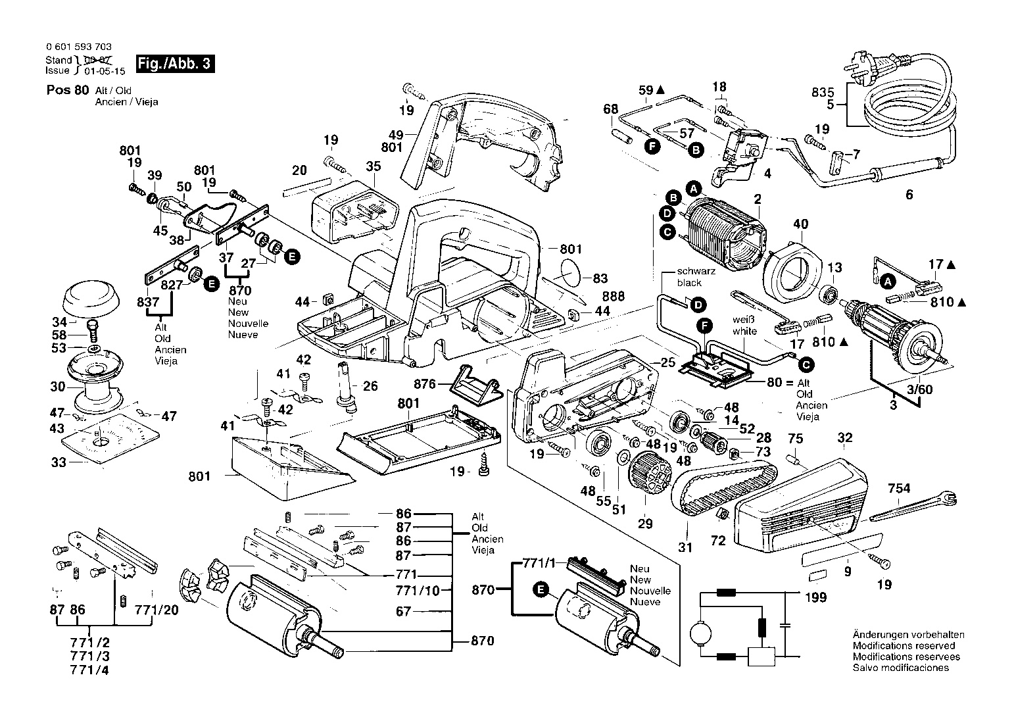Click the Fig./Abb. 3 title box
point(175,64)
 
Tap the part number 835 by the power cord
point(823,92)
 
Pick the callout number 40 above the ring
point(801,224)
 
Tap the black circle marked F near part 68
point(652,146)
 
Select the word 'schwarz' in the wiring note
point(696,271)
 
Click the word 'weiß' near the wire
point(743,320)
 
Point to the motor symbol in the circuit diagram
point(701,632)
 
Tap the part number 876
point(425,384)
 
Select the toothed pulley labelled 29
point(650,473)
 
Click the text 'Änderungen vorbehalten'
point(909,635)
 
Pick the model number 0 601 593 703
point(79,47)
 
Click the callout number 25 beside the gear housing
point(668,362)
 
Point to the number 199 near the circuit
point(815,597)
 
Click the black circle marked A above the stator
point(694,188)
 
